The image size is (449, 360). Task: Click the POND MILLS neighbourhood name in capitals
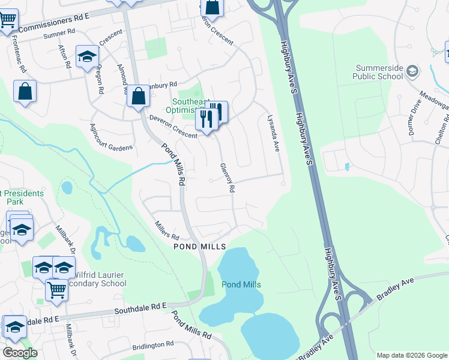click(199, 247)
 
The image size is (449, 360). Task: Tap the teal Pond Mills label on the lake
click(241, 284)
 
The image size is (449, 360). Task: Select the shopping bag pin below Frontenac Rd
click(25, 92)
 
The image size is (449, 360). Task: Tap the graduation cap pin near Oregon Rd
click(87, 56)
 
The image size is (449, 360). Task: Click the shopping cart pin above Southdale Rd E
click(56, 290)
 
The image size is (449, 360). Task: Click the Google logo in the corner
click(20, 352)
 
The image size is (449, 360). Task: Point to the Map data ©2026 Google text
click(411, 355)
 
